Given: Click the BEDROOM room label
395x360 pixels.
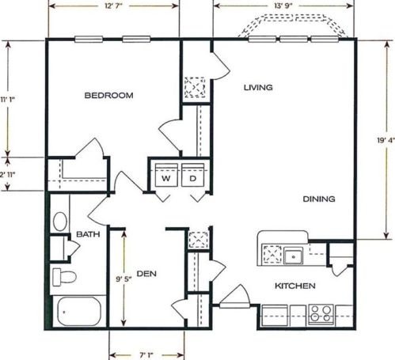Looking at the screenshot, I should click(108, 96).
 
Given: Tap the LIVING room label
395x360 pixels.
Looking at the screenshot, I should click(259, 87).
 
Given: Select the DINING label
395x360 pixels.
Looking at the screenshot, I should click(318, 199).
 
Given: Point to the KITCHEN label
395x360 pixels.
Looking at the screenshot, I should click(295, 286).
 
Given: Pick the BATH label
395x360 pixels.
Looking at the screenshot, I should click(86, 235).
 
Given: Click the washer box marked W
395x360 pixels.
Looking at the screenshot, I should click(166, 178).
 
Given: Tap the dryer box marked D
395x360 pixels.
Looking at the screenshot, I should click(192, 178).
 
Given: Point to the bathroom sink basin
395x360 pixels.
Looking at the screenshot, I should click(60, 222).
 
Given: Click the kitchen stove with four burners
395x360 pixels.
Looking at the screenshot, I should click(321, 311).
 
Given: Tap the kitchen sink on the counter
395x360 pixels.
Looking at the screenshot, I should click(294, 255).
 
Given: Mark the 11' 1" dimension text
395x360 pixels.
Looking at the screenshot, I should click(9, 99).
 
